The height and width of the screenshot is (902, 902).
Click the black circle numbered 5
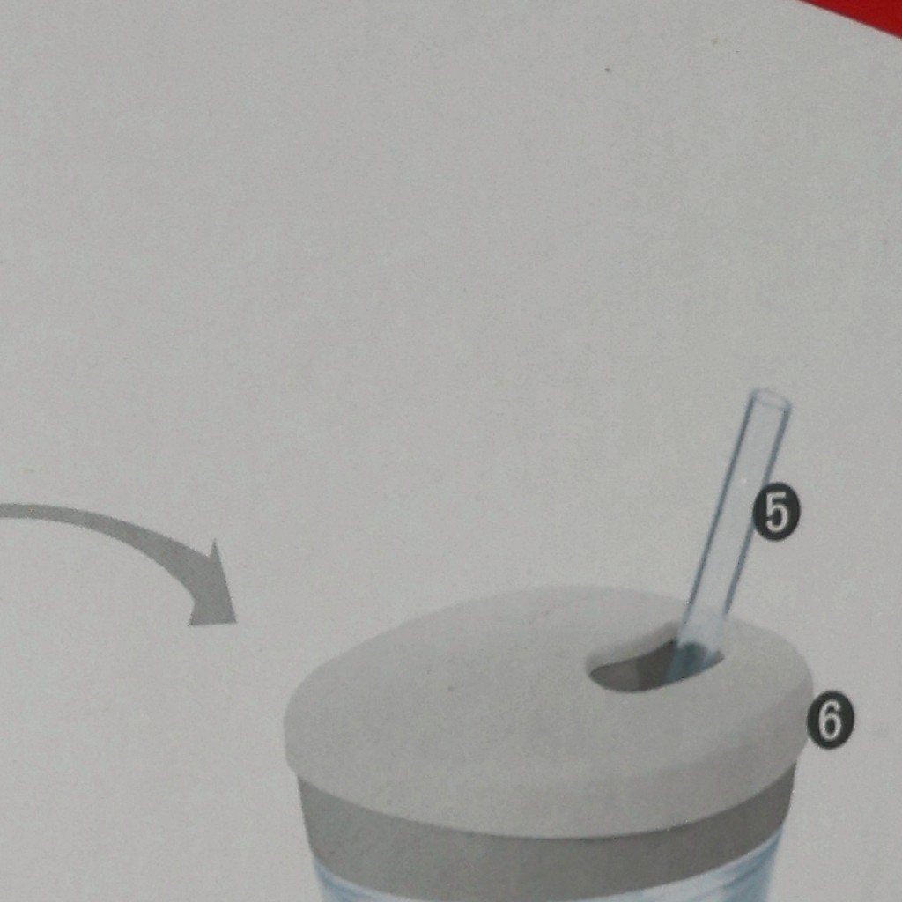(x=776, y=513)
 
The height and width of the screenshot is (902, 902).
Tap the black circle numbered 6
(x=830, y=721)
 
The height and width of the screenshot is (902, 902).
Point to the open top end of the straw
(x=770, y=399)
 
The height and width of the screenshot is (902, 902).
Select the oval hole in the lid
(x=655, y=668)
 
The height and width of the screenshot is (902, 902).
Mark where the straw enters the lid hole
(x=693, y=655)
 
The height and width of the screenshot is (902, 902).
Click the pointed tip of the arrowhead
(x=236, y=623)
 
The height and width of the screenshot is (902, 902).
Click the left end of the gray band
(x=300, y=805)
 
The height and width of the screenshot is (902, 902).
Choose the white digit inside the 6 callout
(x=830, y=722)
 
